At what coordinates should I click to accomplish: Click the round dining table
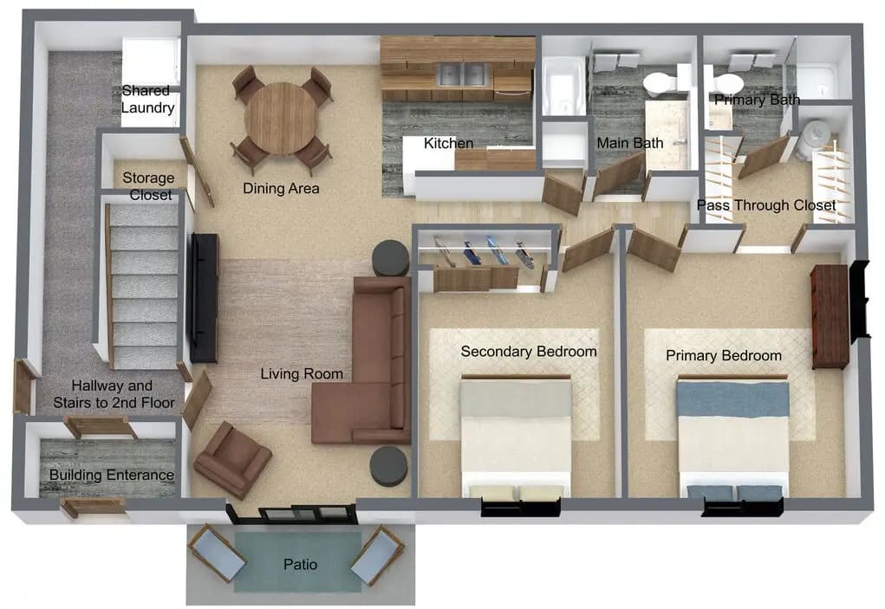point(281,118)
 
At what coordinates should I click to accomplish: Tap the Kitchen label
point(448,143)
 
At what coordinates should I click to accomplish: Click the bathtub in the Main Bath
point(563,86)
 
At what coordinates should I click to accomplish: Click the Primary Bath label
point(757,100)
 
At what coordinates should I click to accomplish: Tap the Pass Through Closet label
point(766,205)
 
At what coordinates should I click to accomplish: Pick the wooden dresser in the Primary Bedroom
point(829,316)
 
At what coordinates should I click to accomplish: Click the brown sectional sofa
point(368,364)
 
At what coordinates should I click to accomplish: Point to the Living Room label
point(302,374)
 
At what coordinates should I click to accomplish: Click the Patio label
point(300,565)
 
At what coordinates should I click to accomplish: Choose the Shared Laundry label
point(148,100)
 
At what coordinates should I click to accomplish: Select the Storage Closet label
point(148,186)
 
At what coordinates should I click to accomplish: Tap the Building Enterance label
point(111,475)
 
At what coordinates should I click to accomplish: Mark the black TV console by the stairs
point(204,297)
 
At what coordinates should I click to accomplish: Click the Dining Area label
point(281,188)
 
